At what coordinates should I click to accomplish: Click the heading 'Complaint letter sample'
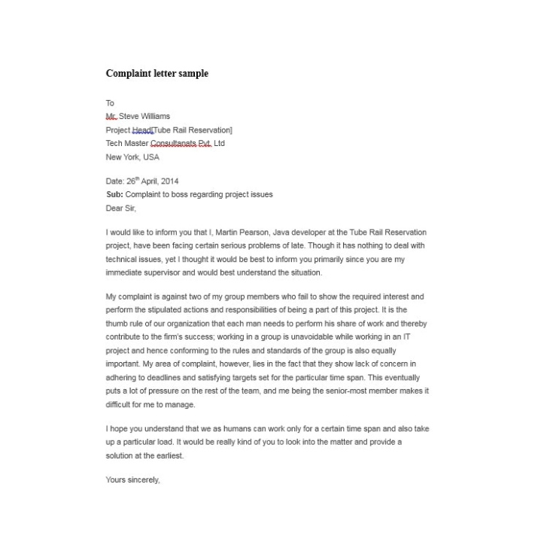(x=157, y=74)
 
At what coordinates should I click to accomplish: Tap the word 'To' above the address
(x=110, y=103)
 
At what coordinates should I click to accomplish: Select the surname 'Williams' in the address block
(x=156, y=117)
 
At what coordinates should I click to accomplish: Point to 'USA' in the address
(x=151, y=157)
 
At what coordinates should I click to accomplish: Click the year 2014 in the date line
(x=170, y=181)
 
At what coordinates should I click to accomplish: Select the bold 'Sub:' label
(x=114, y=195)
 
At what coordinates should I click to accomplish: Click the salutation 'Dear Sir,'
(x=121, y=208)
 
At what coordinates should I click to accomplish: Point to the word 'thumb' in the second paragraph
(x=117, y=324)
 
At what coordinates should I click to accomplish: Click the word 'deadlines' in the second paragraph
(x=169, y=378)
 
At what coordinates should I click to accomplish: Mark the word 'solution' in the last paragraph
(x=120, y=456)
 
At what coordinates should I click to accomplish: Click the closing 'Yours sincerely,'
(x=133, y=480)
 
